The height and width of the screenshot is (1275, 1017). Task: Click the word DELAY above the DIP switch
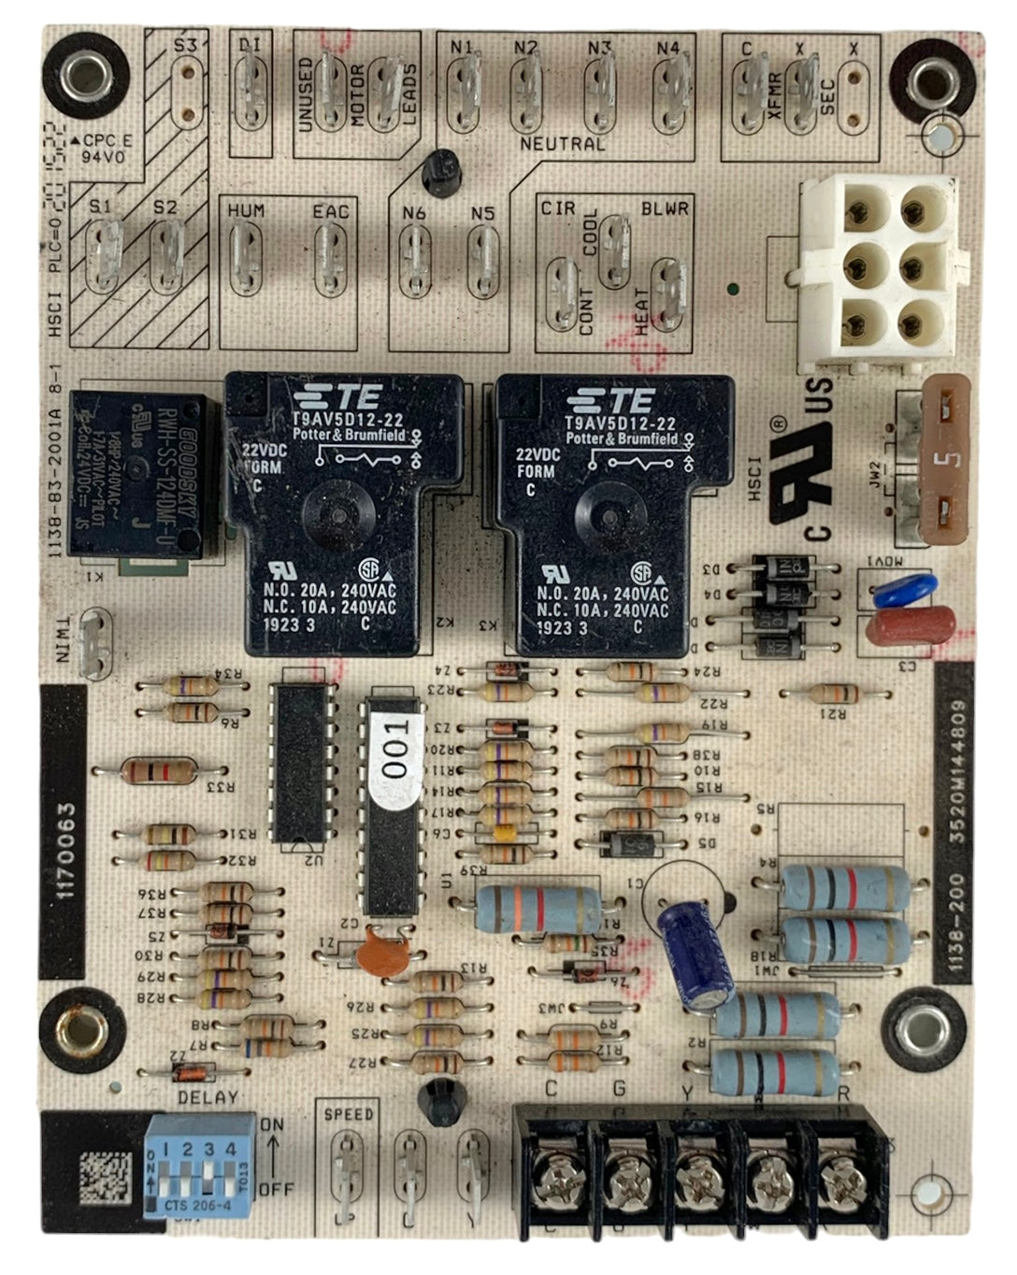(208, 1096)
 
